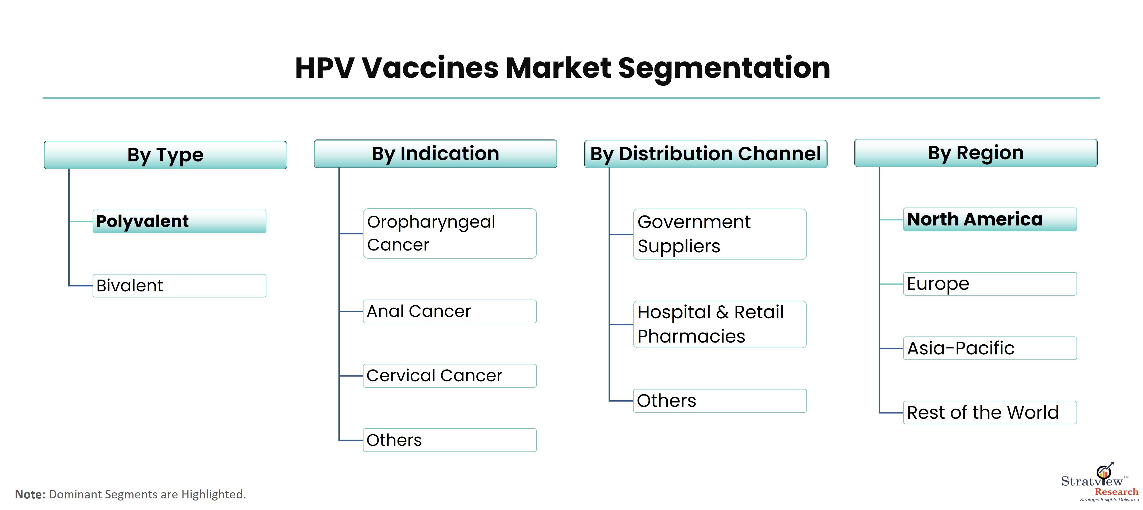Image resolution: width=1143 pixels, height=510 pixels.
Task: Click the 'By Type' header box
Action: coord(165,155)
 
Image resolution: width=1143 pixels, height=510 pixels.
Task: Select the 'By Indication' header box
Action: coord(435,153)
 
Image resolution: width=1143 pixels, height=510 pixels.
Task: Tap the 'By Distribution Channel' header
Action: coord(705,154)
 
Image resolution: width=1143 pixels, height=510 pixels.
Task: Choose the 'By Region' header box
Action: coord(976,153)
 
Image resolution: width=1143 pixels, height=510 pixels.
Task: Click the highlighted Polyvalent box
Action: coord(179,221)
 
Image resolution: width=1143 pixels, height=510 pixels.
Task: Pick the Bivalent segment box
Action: coord(179,286)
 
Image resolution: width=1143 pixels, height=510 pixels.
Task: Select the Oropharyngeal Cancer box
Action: coord(449,233)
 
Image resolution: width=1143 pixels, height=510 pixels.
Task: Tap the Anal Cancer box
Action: coord(449,311)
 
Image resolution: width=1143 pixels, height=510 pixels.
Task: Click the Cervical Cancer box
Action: coord(449,376)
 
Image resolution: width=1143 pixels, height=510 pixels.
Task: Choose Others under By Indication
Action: coord(449,440)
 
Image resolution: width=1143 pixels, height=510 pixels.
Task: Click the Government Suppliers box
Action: coord(720,234)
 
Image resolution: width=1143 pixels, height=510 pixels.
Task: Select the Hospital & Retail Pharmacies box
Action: coord(720,324)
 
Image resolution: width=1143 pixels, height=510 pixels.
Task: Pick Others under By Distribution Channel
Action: coord(720,401)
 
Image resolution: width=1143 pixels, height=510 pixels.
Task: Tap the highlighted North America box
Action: coord(990,219)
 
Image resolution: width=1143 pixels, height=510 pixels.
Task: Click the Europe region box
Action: coord(990,284)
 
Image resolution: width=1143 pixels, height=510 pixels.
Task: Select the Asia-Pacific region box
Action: coord(990,348)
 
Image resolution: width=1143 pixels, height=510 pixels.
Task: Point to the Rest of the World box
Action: coord(990,412)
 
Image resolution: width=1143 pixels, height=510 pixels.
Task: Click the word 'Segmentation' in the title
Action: coord(724,69)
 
